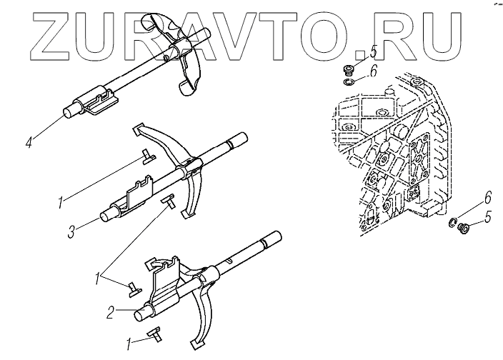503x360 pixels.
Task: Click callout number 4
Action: pos(29,143)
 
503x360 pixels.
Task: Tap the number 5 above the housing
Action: pos(372,52)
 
